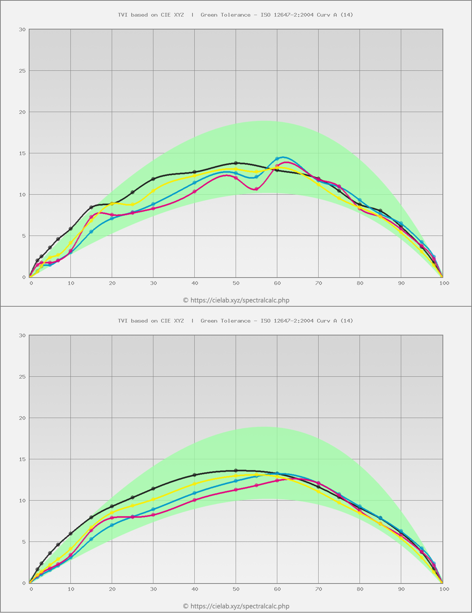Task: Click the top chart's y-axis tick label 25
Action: [x=22, y=71]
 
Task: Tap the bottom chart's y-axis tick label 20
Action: [x=22, y=418]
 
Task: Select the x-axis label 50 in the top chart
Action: [x=236, y=283]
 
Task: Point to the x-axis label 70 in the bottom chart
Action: [x=319, y=589]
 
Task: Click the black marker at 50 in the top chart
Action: [x=236, y=163]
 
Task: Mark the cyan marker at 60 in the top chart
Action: [x=277, y=159]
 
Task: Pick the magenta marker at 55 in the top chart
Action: [x=257, y=189]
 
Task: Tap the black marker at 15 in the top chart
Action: [x=91, y=208]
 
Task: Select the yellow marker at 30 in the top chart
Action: [x=153, y=191]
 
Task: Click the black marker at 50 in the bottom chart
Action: [x=236, y=471]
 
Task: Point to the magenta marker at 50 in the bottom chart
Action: [x=236, y=490]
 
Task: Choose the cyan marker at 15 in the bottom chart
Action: [x=91, y=539]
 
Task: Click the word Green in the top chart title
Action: [x=209, y=15]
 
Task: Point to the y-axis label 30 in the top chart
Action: [x=22, y=29]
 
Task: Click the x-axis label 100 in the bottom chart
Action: [x=444, y=589]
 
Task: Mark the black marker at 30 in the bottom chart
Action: [x=153, y=489]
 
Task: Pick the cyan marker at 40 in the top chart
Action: [x=195, y=182]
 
